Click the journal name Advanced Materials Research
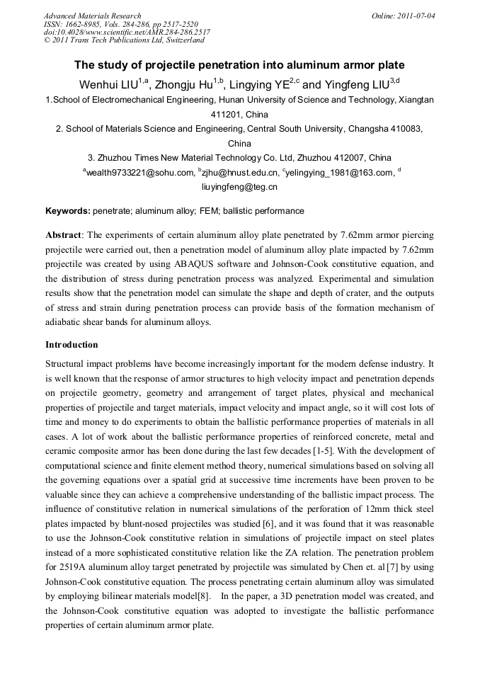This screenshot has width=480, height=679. point(92,16)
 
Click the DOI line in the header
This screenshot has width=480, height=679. point(127,32)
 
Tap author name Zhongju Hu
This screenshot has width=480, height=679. point(184,84)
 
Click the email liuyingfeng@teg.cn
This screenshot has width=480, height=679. point(239,188)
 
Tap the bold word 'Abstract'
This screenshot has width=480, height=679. point(64,234)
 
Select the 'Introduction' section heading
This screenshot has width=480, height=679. point(72,345)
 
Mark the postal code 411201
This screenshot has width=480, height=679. point(227,114)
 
